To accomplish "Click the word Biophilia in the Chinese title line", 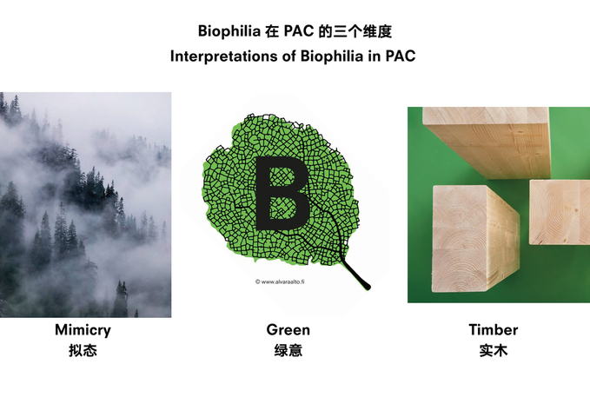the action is click(x=229, y=31).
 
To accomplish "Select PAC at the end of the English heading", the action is click(x=401, y=56).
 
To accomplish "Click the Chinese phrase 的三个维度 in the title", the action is click(x=355, y=31).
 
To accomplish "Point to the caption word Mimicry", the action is click(x=83, y=330).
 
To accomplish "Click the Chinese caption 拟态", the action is click(x=83, y=350).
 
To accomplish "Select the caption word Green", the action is click(x=288, y=329).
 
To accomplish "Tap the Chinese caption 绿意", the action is click(x=288, y=350).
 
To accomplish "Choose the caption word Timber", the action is click(x=494, y=329).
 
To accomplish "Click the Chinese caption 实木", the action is click(x=494, y=350).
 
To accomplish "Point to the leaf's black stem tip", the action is click(x=368, y=287).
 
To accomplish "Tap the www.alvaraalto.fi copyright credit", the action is click(x=280, y=281).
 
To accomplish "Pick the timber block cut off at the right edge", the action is click(x=560, y=212).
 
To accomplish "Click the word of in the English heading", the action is click(x=289, y=56).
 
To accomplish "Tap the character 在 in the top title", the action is click(x=272, y=31).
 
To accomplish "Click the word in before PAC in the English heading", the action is click(x=375, y=56).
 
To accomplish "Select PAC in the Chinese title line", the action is click(x=299, y=31).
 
